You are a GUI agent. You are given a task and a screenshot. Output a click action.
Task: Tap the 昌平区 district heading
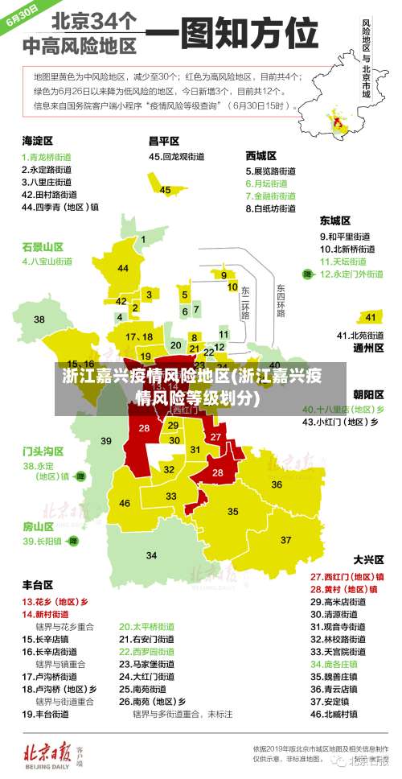point(163,141)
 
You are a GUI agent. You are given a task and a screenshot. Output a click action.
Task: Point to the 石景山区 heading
point(43,246)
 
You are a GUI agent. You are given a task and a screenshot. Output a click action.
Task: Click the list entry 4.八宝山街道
point(47,262)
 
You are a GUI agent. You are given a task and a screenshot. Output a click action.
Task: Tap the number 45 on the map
point(165,190)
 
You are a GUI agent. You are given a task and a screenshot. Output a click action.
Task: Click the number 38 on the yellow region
point(39,319)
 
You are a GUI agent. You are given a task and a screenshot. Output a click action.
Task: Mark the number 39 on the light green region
point(106,441)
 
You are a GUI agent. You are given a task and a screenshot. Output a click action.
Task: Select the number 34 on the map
point(151,555)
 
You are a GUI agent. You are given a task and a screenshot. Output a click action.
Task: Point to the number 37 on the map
point(285,539)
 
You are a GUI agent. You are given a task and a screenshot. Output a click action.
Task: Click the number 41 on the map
point(370,317)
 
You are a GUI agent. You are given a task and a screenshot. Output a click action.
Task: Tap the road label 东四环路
point(281,299)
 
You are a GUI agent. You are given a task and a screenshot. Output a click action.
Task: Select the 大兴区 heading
point(369,558)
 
